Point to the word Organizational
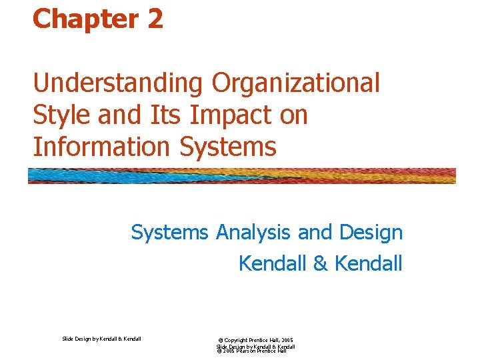point(295,84)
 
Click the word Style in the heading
point(62,115)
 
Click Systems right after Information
point(233,147)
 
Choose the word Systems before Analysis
point(170,233)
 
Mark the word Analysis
point(254,233)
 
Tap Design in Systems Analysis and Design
point(371,233)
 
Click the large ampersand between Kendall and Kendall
point(321,263)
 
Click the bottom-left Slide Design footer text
point(101,339)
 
